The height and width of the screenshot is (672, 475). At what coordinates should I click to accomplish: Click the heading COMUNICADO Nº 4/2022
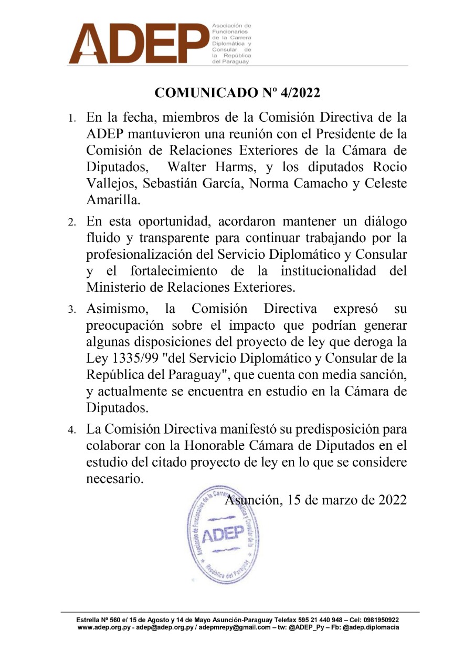pos(237,93)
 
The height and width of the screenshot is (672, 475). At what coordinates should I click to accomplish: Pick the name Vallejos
pos(109,184)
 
